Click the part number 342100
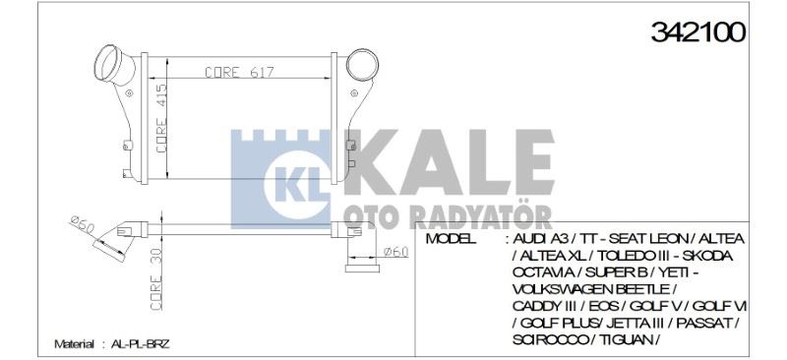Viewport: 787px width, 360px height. click(x=697, y=31)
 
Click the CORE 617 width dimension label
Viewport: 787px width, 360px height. click(x=239, y=72)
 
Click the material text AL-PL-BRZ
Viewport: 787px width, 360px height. click(x=142, y=344)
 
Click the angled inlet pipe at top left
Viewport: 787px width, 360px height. click(x=114, y=67)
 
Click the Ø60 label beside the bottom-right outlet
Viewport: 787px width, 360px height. click(x=394, y=253)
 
